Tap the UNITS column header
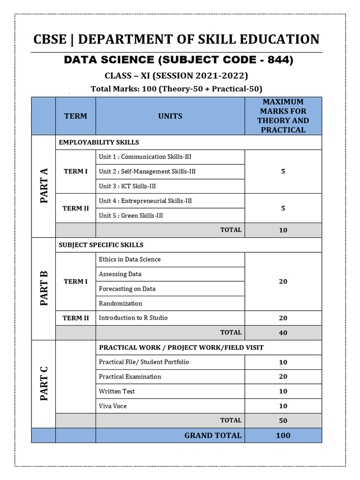pyautogui.click(x=170, y=116)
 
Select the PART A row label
pyautogui.click(x=44, y=186)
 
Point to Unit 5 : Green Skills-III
pyautogui.click(x=131, y=216)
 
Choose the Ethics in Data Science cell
pyautogui.click(x=130, y=259)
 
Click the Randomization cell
pyautogui.click(x=120, y=303)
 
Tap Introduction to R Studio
pyautogui.click(x=133, y=318)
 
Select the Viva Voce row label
pyautogui.click(x=113, y=406)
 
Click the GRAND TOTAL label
pyautogui.click(x=213, y=435)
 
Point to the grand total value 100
pyautogui.click(x=283, y=435)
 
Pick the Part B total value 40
pyautogui.click(x=283, y=333)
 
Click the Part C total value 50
pyautogui.click(x=283, y=420)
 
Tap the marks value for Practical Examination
pyautogui.click(x=283, y=377)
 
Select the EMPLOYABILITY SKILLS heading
pyautogui.click(x=99, y=142)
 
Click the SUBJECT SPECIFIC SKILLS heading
pyautogui.click(x=101, y=245)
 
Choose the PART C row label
pyautogui.click(x=44, y=383)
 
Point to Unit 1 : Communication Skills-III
pyautogui.click(x=145, y=157)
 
